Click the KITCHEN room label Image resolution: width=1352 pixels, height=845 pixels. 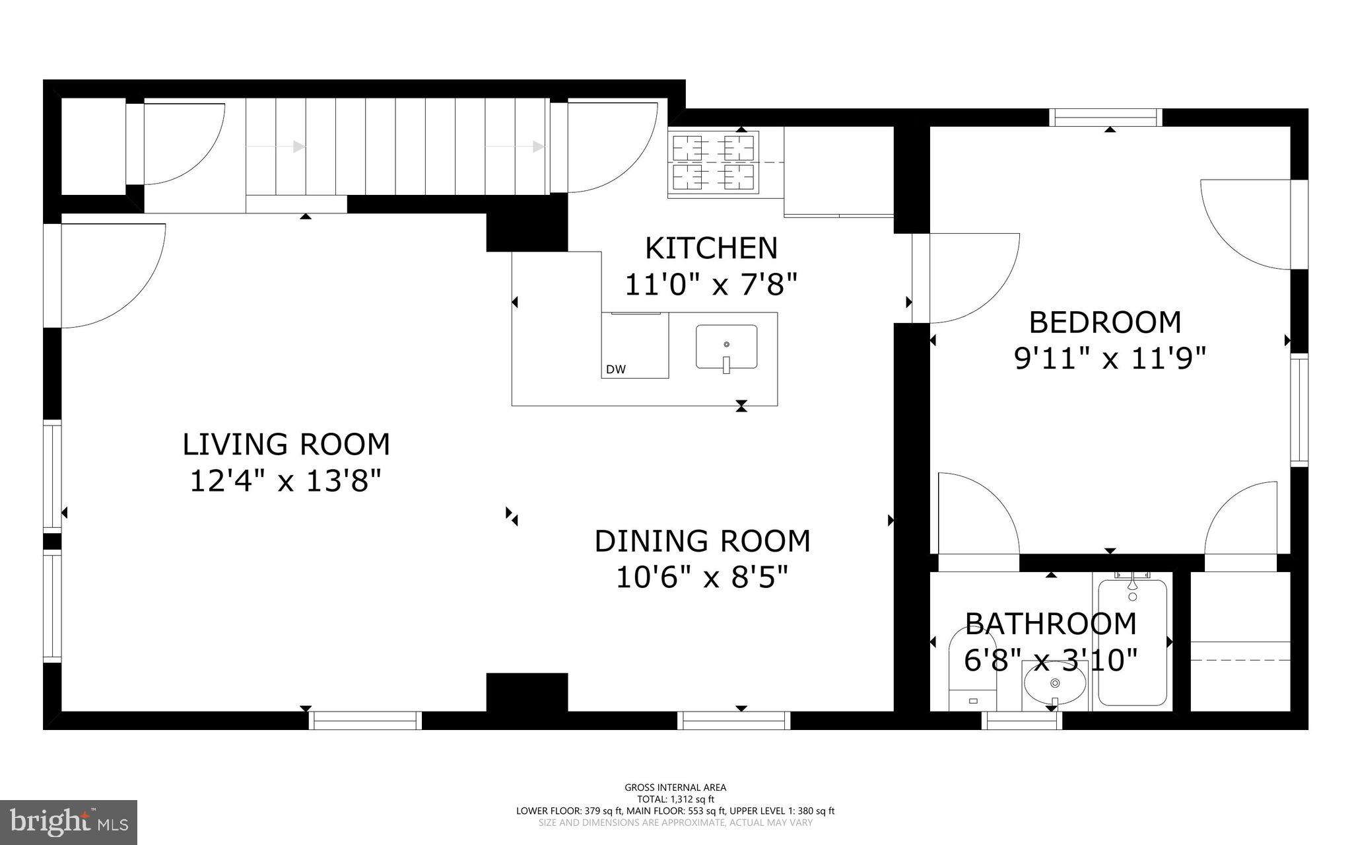pyautogui.click(x=711, y=248)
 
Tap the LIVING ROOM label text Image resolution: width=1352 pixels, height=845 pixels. pyautogui.click(x=286, y=445)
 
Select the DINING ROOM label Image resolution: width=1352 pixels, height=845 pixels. pyautogui.click(x=702, y=541)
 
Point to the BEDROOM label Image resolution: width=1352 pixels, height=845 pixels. pyautogui.click(x=1105, y=322)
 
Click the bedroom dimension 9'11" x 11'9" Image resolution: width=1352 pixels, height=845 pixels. pyautogui.click(x=1110, y=359)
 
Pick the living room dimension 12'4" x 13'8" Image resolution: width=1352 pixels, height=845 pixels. pyautogui.click(x=286, y=481)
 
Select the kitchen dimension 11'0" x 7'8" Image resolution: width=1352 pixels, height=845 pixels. pyautogui.click(x=711, y=285)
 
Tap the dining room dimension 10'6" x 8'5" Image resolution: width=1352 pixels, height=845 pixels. pyautogui.click(x=702, y=578)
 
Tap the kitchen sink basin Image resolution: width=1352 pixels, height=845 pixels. pyautogui.click(x=726, y=347)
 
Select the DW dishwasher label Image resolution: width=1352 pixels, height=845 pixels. pyautogui.click(x=615, y=370)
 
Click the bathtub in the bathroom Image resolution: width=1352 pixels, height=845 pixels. pyautogui.click(x=1132, y=642)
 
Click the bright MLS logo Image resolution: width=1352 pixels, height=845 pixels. pyautogui.click(x=69, y=822)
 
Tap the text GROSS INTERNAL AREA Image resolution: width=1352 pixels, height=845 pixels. pyautogui.click(x=675, y=787)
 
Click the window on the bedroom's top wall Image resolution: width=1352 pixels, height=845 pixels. pyautogui.click(x=1106, y=117)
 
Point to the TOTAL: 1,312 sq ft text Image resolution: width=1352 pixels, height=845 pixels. pyautogui.click(x=675, y=799)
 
